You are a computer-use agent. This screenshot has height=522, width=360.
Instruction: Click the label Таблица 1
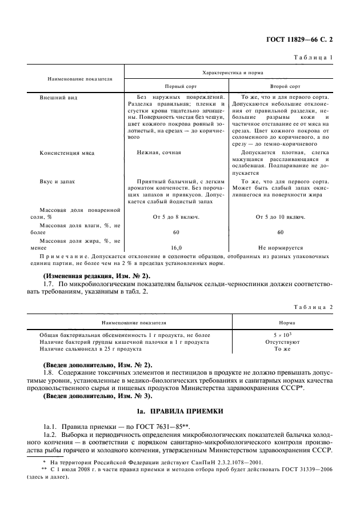pyautogui.click(x=314, y=58)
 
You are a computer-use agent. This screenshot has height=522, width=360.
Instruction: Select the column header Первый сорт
pyautogui.click(x=177, y=87)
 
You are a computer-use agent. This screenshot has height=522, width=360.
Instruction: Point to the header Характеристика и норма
pyautogui.click(x=229, y=73)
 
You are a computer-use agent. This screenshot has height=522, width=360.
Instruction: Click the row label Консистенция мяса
pyautogui.click(x=67, y=154)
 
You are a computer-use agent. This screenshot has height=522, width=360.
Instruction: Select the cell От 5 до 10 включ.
pyautogui.click(x=281, y=217)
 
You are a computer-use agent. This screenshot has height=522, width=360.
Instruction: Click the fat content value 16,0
pyautogui.click(x=176, y=248)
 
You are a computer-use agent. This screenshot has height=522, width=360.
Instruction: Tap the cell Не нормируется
pyautogui.click(x=281, y=248)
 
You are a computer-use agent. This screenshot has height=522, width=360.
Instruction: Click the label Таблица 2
pyautogui.click(x=314, y=306)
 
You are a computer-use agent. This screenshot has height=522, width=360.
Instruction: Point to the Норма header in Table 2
pyautogui.click(x=279, y=322)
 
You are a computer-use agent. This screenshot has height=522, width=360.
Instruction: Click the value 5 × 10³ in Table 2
pyautogui.click(x=279, y=335)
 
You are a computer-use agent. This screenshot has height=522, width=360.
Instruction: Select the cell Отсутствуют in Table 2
pyautogui.click(x=279, y=342)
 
